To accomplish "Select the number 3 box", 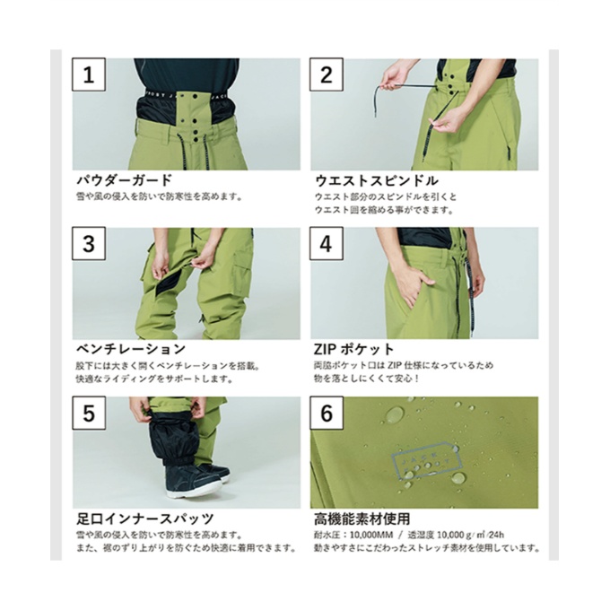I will coord(88,243).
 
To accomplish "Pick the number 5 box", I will coord(88,413).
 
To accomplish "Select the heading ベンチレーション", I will coord(129,349).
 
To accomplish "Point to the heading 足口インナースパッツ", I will coord(144,518).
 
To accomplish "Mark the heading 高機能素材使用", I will coord(363,518).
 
